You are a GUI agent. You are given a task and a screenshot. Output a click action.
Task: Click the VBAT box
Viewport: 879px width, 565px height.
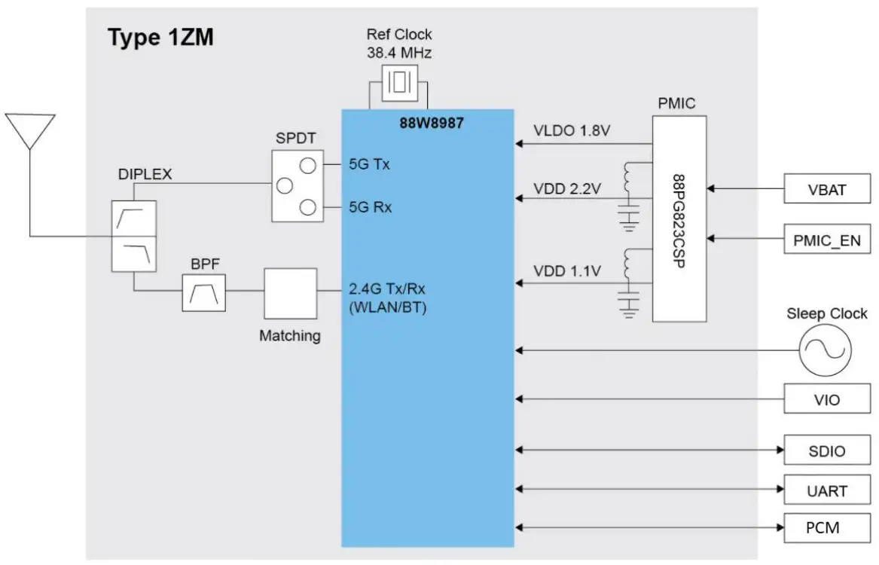(826, 189)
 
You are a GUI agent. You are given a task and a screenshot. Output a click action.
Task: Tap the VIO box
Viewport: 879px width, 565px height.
(826, 399)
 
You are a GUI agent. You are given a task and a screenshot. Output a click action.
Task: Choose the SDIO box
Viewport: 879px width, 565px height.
(826, 450)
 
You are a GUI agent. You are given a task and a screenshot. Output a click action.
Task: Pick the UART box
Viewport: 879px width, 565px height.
(826, 490)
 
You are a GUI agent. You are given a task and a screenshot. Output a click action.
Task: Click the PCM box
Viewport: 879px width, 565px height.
(826, 527)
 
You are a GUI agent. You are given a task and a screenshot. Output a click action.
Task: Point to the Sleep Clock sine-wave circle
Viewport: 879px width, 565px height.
(825, 350)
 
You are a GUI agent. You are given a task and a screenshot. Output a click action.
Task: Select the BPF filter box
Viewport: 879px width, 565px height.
(203, 293)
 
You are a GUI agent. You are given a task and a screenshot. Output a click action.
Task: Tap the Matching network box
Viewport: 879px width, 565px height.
(290, 294)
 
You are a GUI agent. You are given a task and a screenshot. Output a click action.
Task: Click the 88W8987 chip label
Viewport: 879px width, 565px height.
(431, 123)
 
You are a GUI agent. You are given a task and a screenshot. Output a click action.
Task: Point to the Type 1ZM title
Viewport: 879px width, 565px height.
(160, 38)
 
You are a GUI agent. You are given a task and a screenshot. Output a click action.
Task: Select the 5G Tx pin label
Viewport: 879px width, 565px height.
(369, 163)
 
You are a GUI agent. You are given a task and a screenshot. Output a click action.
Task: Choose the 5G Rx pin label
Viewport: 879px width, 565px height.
(370, 206)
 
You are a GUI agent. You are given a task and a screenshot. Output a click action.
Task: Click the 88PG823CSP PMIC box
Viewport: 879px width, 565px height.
(679, 218)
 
